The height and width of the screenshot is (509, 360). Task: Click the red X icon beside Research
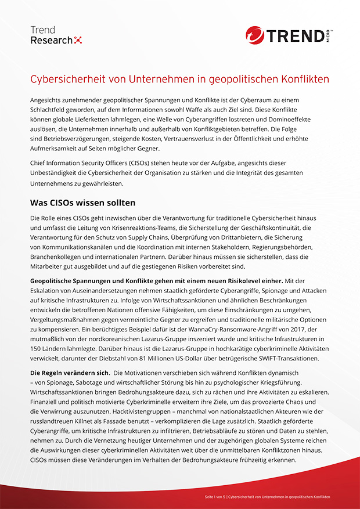[x=79, y=40]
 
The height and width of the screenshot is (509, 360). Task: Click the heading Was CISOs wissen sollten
[x=82, y=203]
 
